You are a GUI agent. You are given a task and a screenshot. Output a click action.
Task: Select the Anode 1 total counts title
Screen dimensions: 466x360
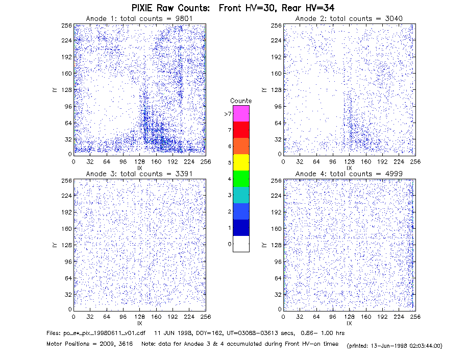click(x=139, y=18)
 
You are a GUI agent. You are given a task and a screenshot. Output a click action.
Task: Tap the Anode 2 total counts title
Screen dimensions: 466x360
click(x=349, y=18)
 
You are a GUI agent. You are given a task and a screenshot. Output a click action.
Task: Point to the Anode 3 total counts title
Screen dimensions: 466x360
click(x=139, y=174)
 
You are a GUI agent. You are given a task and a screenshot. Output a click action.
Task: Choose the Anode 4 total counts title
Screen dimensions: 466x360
click(x=349, y=174)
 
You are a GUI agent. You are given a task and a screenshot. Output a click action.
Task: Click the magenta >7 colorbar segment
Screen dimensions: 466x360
click(x=241, y=113)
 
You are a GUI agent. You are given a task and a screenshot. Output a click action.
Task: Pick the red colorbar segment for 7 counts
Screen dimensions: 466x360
click(x=241, y=130)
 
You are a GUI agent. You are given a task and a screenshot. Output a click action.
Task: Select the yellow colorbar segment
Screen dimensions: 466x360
click(x=241, y=162)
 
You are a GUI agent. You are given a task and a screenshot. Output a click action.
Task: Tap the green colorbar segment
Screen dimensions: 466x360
click(x=241, y=179)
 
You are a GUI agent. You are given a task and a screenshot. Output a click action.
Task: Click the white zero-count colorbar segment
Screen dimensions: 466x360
click(x=241, y=244)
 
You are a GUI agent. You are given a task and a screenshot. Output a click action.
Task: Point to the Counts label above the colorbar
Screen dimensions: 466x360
click(x=241, y=101)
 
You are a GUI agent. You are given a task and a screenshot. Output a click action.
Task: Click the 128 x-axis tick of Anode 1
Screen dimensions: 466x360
click(x=140, y=162)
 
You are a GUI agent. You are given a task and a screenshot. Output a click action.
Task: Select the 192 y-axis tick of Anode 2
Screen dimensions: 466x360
click(x=276, y=57)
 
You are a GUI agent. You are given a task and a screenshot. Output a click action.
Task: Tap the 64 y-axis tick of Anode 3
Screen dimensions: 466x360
click(x=68, y=278)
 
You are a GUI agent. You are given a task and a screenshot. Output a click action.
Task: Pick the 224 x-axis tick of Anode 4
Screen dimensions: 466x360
click(x=399, y=317)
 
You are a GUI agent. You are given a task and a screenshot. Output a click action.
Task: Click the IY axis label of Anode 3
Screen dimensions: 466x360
click(x=55, y=245)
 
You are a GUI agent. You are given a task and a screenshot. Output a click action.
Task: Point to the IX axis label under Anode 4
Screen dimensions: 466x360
click(x=349, y=323)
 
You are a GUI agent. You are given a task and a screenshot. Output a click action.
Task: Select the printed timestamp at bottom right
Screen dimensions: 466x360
click(x=395, y=346)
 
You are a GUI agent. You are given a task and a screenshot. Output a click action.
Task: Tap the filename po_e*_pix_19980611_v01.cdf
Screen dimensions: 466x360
click(x=95, y=333)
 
